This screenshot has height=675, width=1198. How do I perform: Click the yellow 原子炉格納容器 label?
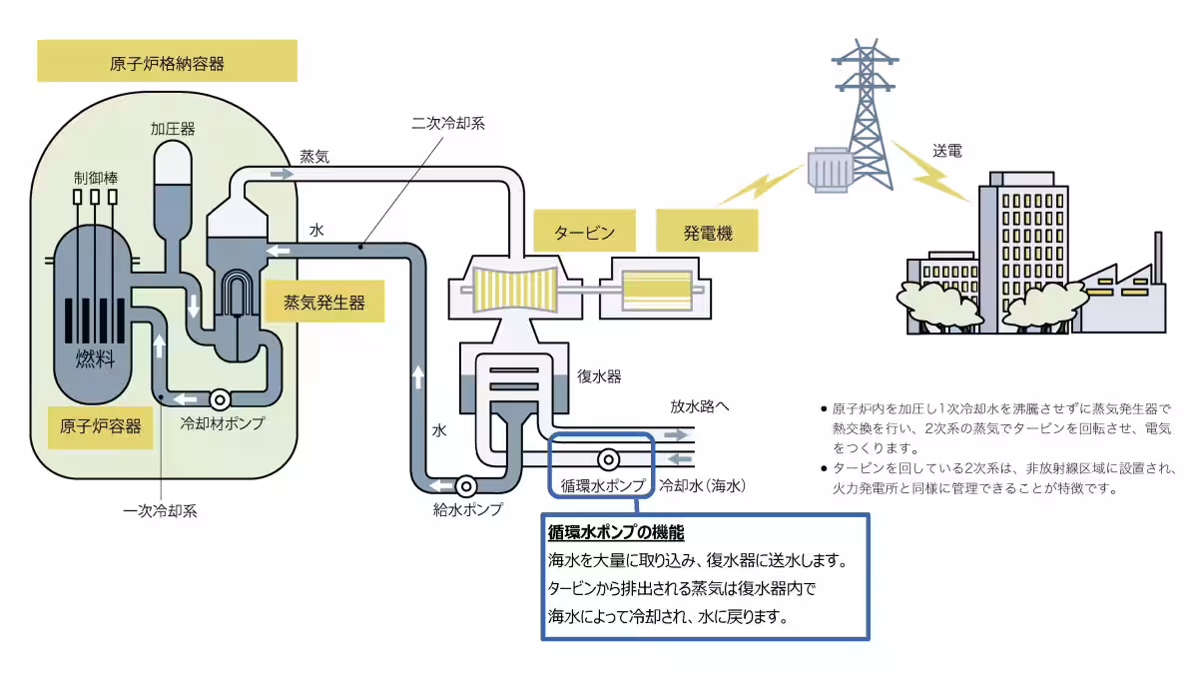click(167, 62)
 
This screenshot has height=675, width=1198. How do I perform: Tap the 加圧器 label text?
click(173, 129)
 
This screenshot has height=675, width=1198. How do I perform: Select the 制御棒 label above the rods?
click(95, 177)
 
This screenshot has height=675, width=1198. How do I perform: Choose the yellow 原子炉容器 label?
click(100, 427)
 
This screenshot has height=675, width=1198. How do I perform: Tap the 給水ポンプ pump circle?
click(465, 486)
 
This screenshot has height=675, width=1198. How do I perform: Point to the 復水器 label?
click(599, 377)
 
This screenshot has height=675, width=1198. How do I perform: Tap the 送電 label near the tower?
click(947, 152)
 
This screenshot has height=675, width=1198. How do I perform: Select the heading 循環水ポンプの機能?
click(616, 532)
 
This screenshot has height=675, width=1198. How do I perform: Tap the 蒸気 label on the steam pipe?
click(314, 157)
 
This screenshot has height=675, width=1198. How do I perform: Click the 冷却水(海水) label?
click(703, 486)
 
